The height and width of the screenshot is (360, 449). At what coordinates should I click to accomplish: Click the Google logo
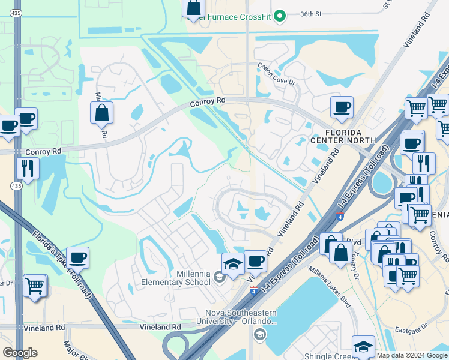tap(20, 353)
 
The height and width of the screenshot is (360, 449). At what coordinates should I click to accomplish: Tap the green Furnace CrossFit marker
tap(279, 16)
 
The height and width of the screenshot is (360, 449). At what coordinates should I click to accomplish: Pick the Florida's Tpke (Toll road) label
tap(67, 265)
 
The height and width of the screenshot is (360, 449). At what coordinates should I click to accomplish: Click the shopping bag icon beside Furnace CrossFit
tap(194, 8)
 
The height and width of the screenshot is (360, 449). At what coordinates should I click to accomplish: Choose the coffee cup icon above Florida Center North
tap(342, 107)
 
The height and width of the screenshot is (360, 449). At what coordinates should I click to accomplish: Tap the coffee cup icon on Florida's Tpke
tap(78, 258)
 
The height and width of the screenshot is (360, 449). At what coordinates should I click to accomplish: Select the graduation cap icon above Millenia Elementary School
tap(233, 263)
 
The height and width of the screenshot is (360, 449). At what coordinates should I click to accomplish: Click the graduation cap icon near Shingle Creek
tap(363, 346)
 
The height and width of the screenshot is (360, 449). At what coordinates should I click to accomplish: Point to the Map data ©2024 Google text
tap(412, 355)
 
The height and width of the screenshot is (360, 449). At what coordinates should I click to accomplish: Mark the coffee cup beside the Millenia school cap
tap(255, 261)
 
